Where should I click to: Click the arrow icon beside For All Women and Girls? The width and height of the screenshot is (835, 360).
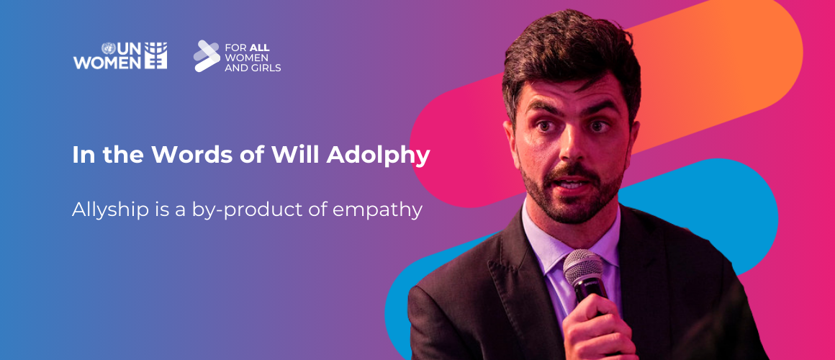point(206,56)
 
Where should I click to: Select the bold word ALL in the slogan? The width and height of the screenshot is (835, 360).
point(260,48)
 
